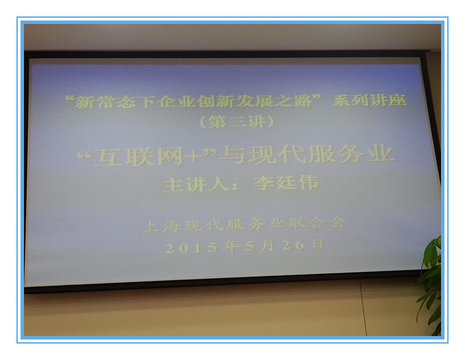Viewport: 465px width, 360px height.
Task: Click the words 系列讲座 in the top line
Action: coord(369,100)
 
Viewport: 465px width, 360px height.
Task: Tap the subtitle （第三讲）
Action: coord(237,121)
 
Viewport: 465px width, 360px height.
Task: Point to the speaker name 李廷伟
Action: coord(286,183)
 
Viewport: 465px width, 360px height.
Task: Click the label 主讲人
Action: coord(196,184)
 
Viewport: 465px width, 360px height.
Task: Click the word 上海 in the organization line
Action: coord(161,227)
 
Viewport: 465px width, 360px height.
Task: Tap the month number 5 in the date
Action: coord(250,246)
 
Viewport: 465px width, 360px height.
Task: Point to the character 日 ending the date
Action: coord(319,245)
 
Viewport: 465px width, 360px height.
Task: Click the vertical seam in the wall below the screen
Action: coord(363,307)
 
